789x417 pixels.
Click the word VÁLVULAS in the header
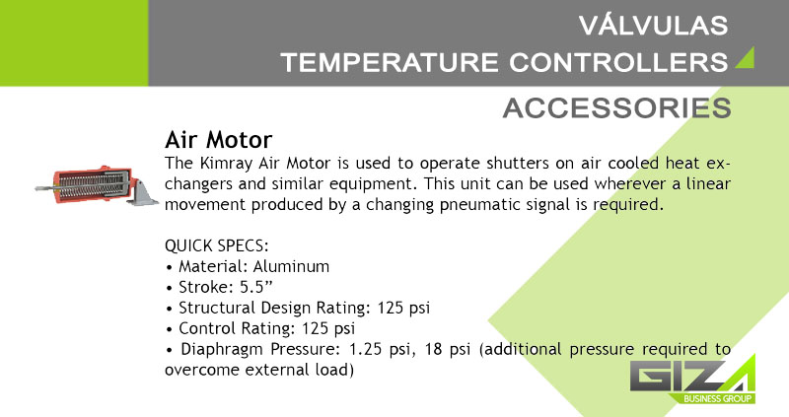(x=653, y=26)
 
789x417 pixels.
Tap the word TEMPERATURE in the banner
(x=390, y=63)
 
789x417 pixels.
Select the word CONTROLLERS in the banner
(x=618, y=63)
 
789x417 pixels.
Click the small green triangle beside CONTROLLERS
(x=747, y=58)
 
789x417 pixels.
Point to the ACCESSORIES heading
(x=617, y=107)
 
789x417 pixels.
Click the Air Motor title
(x=218, y=139)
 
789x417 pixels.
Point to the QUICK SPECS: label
(x=217, y=246)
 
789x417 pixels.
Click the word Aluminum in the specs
(x=291, y=266)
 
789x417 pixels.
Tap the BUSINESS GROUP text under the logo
(x=718, y=399)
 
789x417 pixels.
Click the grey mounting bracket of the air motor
(x=141, y=192)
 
